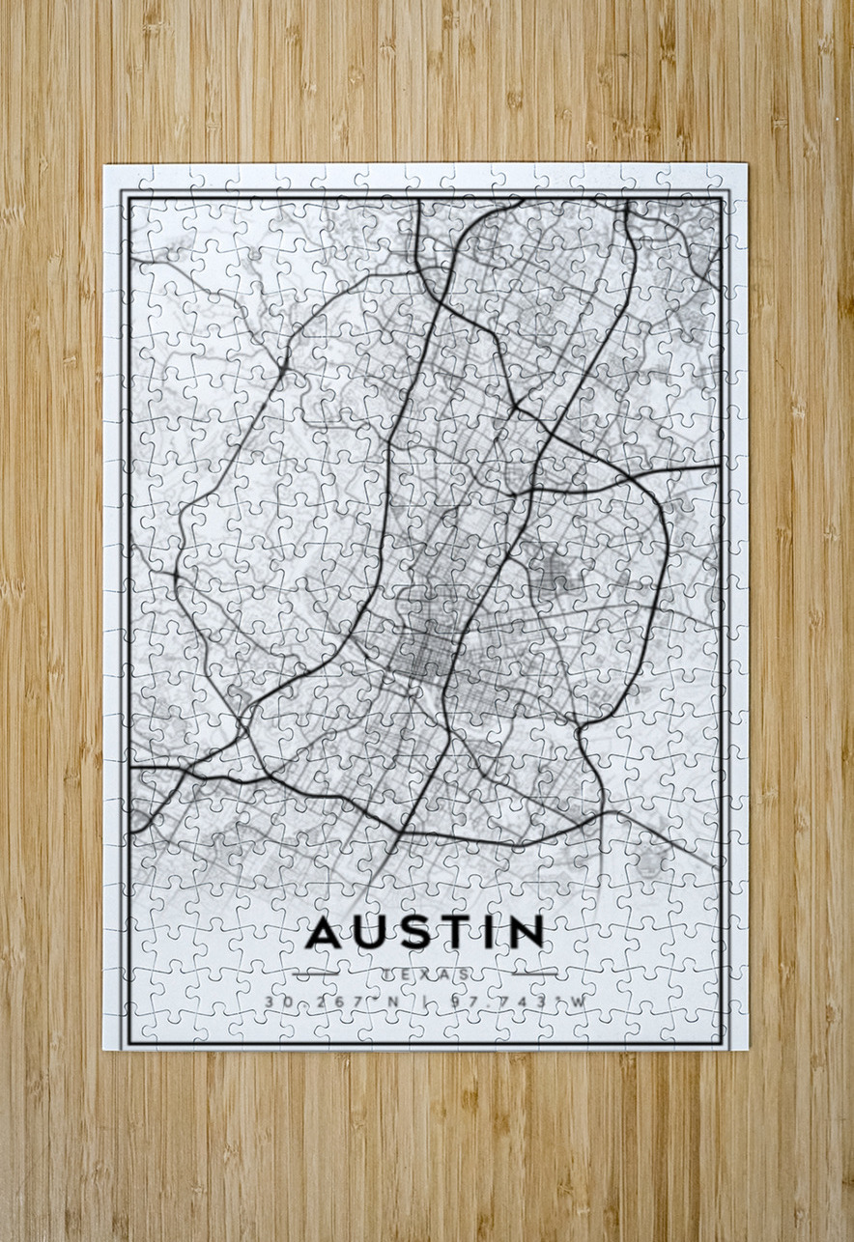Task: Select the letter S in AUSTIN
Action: pyautogui.click(x=412, y=932)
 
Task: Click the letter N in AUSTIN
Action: pyautogui.click(x=525, y=932)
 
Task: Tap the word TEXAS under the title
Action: pyautogui.click(x=426, y=974)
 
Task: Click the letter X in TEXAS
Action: pyautogui.click(x=426, y=974)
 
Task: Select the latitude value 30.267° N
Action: pyautogui.click(x=330, y=1002)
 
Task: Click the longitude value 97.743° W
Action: pyautogui.click(x=519, y=1002)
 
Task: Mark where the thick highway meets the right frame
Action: pyautogui.click(x=720, y=466)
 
